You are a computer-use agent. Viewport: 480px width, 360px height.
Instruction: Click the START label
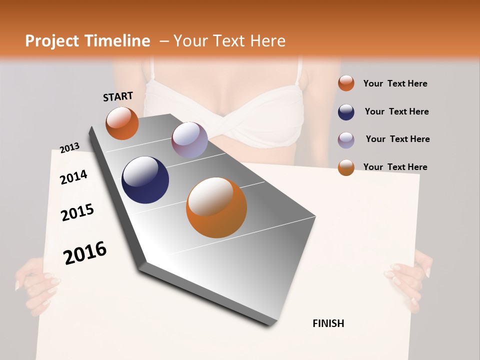pos(118,96)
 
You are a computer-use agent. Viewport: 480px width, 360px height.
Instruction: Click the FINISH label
pos(328,323)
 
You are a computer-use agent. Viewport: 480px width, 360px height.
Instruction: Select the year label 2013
pos(70,148)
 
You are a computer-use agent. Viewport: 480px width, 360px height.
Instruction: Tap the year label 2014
pos(73,177)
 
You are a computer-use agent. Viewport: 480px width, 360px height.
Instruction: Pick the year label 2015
pos(77,212)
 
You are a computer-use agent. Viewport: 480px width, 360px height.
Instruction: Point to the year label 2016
pos(85,252)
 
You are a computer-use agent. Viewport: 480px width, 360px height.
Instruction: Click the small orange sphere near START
pos(122,123)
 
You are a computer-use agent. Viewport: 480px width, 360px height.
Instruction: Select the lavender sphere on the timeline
pos(189,140)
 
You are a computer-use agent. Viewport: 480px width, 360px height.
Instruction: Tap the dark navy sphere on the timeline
pos(145,180)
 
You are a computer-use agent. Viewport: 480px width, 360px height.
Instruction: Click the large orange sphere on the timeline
pos(216,207)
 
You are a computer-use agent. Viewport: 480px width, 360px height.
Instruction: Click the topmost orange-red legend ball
pos(346,83)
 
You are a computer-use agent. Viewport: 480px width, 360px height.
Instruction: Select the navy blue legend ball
pos(346,111)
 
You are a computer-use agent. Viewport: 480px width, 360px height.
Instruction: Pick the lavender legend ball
pos(346,139)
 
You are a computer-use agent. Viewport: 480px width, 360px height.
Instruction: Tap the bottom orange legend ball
pos(346,167)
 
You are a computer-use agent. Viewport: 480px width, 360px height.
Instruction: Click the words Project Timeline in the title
pos(87,41)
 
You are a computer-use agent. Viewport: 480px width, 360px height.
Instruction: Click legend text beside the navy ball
pos(396,111)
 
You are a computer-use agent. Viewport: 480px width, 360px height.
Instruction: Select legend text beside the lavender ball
pos(397,139)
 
